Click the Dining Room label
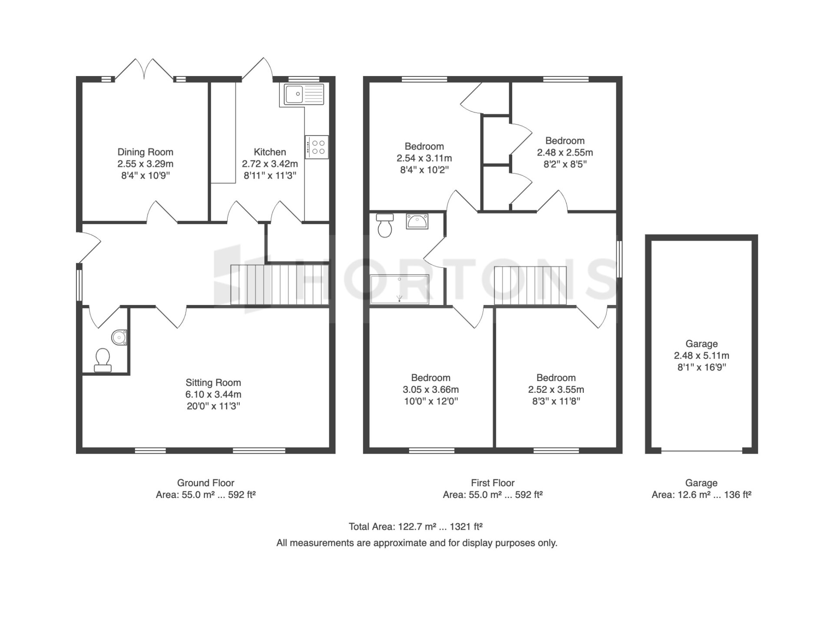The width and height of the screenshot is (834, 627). [x=145, y=152]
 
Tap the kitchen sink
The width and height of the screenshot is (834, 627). [x=304, y=94]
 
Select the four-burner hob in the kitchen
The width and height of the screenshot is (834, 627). [x=317, y=147]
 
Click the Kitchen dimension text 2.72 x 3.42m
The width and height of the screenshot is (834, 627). [x=270, y=164]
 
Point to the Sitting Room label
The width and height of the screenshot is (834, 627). [x=213, y=383]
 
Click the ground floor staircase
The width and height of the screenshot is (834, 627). [x=279, y=285]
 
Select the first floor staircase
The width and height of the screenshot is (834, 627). [x=530, y=286]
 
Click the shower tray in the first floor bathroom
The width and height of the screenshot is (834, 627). [x=399, y=289]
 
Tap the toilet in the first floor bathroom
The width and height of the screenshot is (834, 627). [x=385, y=226]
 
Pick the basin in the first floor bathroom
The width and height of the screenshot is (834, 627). [x=417, y=221]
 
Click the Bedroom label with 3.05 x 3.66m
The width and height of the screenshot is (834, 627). [x=430, y=378]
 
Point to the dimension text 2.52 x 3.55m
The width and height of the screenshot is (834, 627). [x=556, y=389]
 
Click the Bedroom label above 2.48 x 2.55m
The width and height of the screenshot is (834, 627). [x=565, y=141]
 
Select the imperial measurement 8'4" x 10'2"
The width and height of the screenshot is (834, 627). [x=424, y=170]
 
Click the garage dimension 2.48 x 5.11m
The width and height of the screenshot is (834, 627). [x=702, y=355]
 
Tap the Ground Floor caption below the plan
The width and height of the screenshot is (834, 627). [x=205, y=483]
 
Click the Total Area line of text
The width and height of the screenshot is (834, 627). [x=416, y=527]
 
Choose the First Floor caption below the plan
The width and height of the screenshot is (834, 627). [x=493, y=483]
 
